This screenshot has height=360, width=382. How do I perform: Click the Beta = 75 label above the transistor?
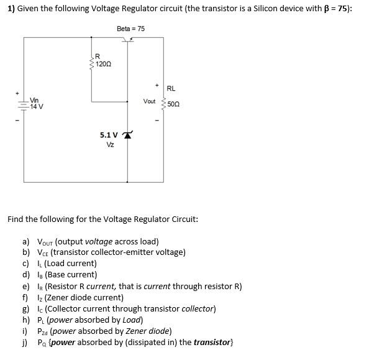click(x=130, y=29)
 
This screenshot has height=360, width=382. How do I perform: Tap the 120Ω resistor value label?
click(x=103, y=64)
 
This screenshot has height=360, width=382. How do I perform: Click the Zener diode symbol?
click(x=129, y=135)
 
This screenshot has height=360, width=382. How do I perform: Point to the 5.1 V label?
click(x=108, y=135)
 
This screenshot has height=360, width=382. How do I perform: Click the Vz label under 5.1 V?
click(x=110, y=144)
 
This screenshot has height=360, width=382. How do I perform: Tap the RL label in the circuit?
click(x=171, y=89)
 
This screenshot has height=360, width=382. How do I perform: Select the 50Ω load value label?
click(x=173, y=104)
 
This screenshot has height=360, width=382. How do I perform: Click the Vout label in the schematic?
click(x=150, y=101)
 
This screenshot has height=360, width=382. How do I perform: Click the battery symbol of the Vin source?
click(x=24, y=105)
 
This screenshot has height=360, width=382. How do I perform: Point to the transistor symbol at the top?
click(x=129, y=40)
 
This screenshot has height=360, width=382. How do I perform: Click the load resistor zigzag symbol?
click(x=164, y=103)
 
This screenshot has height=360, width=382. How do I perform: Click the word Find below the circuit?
click(x=16, y=219)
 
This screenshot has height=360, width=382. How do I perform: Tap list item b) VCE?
click(x=111, y=252)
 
